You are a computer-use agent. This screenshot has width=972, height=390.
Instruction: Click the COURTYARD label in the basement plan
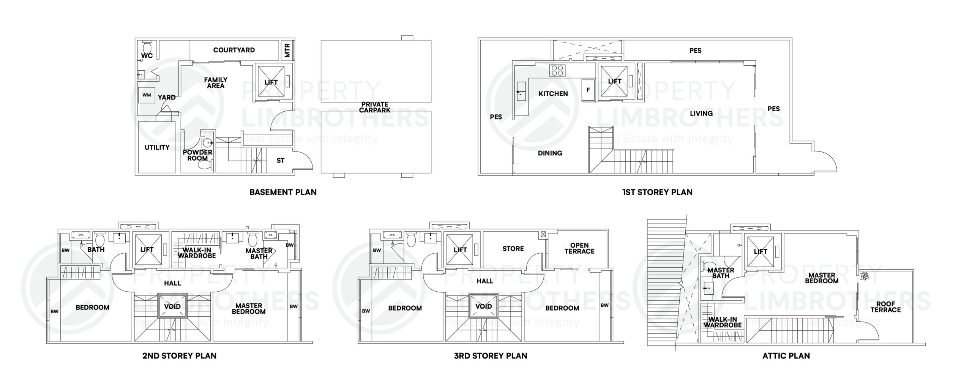(234, 50)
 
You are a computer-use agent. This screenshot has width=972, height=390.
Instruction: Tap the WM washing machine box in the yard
(147, 95)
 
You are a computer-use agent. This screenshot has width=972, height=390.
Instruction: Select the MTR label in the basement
(287, 51)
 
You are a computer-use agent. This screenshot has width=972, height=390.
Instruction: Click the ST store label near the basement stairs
(281, 161)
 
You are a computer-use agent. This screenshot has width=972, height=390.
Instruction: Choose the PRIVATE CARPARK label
(375, 107)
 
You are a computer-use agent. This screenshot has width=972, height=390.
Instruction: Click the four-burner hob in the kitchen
(557, 71)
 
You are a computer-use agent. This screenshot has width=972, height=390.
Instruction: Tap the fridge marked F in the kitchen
(588, 90)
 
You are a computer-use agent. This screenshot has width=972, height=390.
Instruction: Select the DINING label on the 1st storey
(550, 153)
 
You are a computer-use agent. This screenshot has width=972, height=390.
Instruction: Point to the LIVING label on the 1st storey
(701, 114)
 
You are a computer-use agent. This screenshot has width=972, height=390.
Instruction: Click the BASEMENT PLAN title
(283, 192)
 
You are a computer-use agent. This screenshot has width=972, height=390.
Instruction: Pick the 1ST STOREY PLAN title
(657, 192)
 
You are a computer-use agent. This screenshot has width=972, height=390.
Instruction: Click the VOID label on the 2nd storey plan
(172, 306)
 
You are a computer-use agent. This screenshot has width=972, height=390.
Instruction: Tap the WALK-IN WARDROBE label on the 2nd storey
(197, 253)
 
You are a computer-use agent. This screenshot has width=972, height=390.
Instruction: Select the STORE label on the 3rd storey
(513, 249)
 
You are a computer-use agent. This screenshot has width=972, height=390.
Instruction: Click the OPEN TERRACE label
(579, 248)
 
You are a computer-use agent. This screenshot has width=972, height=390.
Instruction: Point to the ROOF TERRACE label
(885, 307)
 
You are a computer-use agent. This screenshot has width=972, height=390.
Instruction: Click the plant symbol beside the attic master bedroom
(865, 276)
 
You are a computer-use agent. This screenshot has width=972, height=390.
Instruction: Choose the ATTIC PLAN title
(786, 356)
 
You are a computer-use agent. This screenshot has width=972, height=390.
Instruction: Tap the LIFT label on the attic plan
(761, 251)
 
